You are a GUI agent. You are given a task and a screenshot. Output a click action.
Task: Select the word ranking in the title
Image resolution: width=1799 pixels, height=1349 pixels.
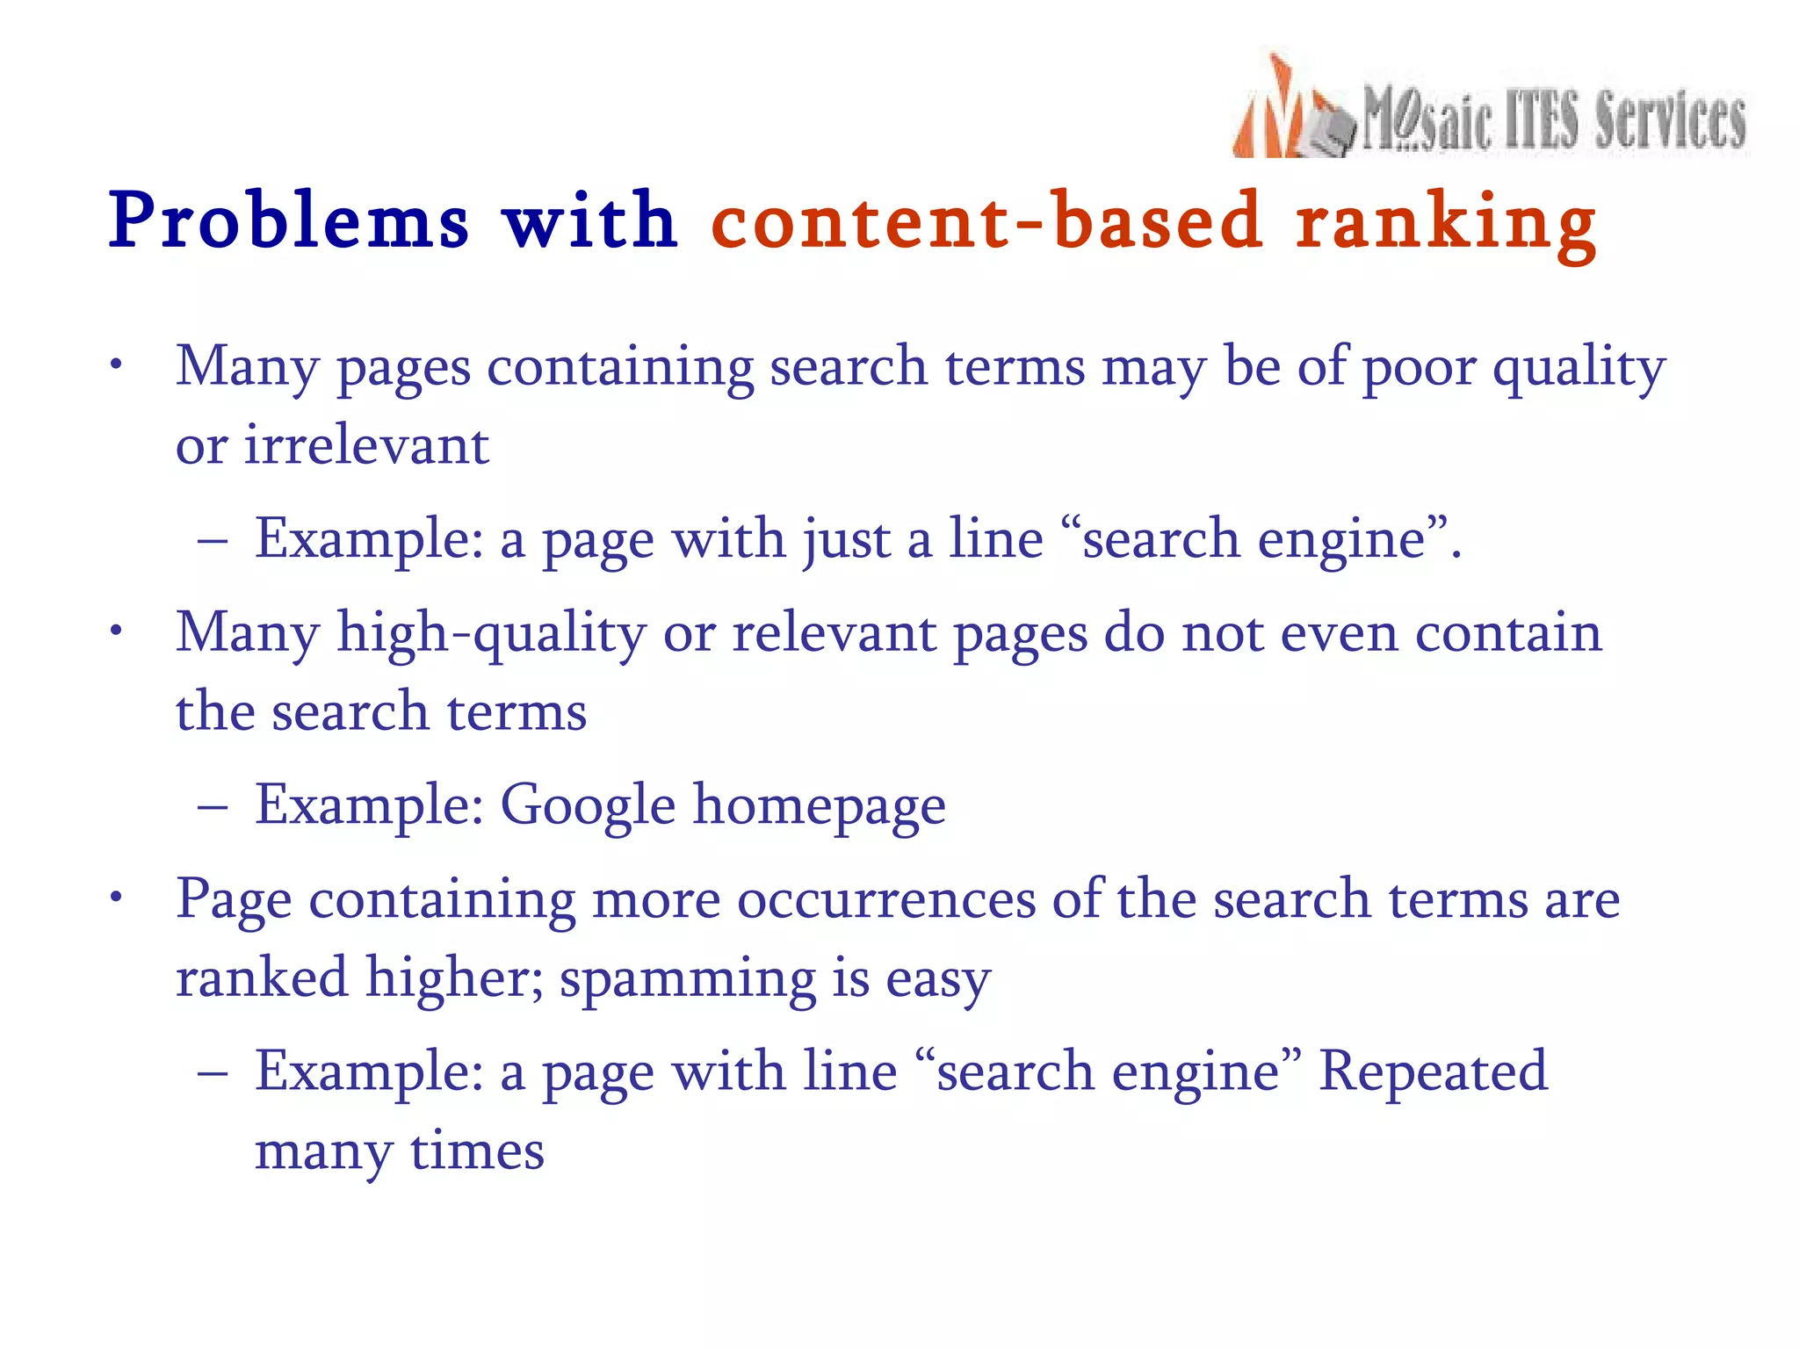tap(1445, 224)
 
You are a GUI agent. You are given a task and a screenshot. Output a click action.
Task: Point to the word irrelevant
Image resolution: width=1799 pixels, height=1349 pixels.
tap(366, 445)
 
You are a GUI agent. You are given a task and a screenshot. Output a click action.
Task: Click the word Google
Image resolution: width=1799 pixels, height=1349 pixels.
tap(588, 806)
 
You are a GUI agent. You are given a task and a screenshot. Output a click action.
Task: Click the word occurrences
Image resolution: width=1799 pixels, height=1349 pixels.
tap(886, 900)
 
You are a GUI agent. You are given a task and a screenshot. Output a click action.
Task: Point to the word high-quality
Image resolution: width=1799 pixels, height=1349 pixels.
tap(492, 634)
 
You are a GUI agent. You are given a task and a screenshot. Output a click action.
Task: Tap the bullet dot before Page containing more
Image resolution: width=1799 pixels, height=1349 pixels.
tap(115, 898)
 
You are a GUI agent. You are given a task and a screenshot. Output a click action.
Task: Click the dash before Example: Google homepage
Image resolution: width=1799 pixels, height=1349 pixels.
tap(213, 806)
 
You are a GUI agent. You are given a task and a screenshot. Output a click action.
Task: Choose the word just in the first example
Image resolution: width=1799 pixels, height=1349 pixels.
tap(846, 540)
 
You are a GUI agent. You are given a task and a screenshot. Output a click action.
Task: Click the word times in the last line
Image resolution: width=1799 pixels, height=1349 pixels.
tap(477, 1152)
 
